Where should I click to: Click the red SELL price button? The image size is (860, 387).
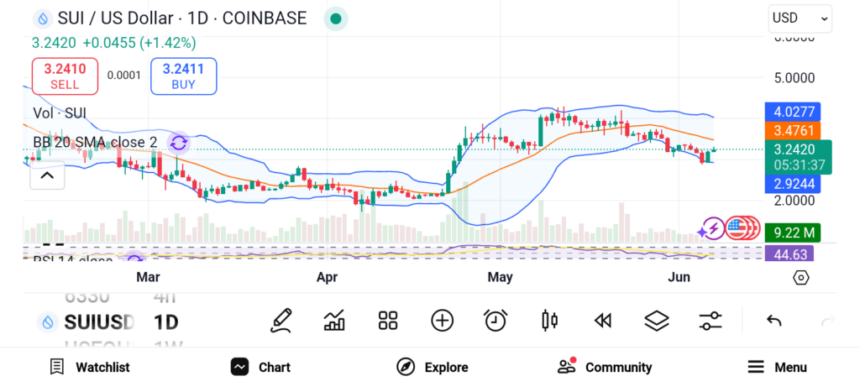(x=65, y=76)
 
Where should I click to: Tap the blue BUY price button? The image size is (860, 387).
(x=183, y=76)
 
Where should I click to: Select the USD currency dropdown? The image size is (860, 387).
(x=800, y=18)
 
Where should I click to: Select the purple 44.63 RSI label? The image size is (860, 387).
(x=789, y=254)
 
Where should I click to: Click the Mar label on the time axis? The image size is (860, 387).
(x=148, y=277)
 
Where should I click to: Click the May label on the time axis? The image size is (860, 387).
(x=500, y=277)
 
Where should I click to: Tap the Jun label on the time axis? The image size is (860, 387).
(x=678, y=277)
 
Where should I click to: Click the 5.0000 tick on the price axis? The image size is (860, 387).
(x=794, y=78)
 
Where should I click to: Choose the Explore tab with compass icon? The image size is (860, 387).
(x=433, y=367)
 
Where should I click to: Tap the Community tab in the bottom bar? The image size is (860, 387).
(x=605, y=367)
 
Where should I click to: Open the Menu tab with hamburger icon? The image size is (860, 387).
(x=777, y=367)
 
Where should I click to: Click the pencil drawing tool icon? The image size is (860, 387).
(x=281, y=320)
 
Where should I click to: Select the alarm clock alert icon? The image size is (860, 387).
(x=496, y=320)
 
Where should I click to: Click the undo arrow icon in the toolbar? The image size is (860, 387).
(x=774, y=320)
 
